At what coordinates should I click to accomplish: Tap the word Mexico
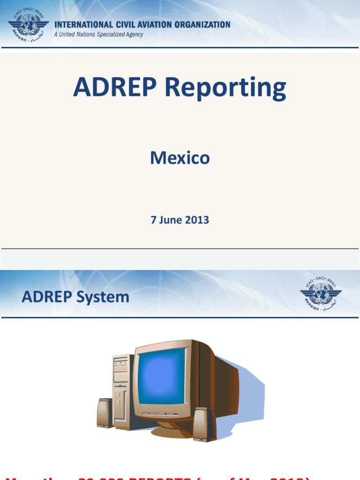[x=180, y=158]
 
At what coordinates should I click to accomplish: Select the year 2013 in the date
[x=197, y=220]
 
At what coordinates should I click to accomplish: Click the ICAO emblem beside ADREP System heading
[x=321, y=294]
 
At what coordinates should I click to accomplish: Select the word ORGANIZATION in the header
[x=202, y=25]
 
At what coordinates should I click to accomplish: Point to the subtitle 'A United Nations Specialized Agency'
[x=98, y=35]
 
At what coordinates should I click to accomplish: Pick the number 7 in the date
[x=153, y=220]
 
